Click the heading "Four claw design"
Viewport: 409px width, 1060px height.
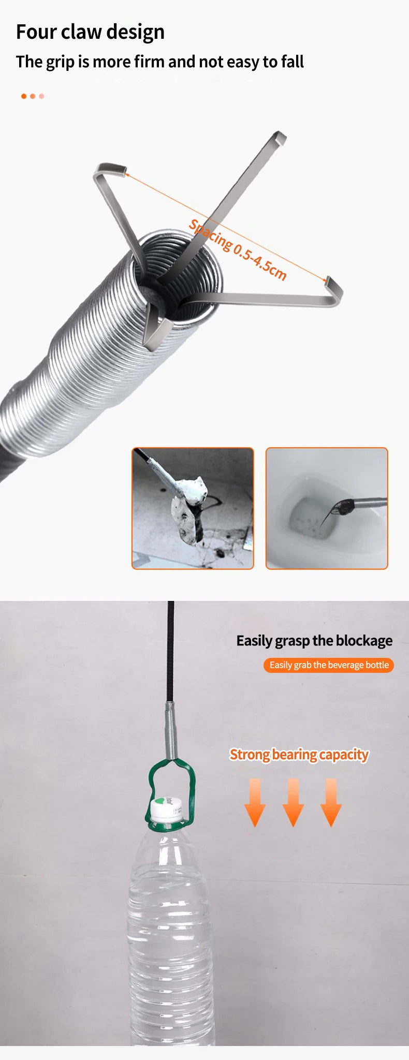pyautogui.click(x=90, y=32)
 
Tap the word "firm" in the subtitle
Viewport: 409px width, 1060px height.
pyautogui.click(x=149, y=62)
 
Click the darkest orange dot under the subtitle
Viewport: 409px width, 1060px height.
pyautogui.click(x=24, y=96)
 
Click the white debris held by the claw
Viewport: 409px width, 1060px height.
pyautogui.click(x=189, y=510)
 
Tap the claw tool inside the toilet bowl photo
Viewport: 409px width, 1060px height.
pyautogui.click(x=352, y=505)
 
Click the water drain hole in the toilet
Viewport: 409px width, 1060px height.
pyautogui.click(x=311, y=518)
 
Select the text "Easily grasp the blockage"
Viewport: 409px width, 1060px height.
pyautogui.click(x=314, y=641)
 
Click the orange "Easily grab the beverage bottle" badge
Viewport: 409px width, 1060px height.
pyautogui.click(x=329, y=665)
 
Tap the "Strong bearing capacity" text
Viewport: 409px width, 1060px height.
pyautogui.click(x=299, y=755)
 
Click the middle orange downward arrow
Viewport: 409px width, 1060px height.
pyautogui.click(x=293, y=802)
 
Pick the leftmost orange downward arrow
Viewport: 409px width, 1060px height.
pyautogui.click(x=255, y=802)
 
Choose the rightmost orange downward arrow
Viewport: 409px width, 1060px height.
pyautogui.click(x=331, y=802)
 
